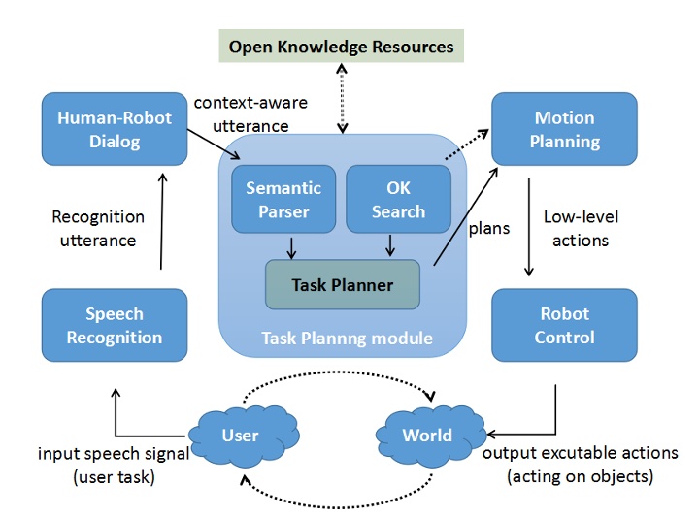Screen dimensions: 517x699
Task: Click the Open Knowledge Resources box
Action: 341,47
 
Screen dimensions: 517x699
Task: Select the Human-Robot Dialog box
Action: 114,129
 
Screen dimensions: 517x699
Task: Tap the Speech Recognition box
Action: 114,325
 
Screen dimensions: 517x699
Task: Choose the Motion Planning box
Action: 564,129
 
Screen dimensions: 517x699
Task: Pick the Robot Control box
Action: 564,325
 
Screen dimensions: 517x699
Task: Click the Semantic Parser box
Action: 276,198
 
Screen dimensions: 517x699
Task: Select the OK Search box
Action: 398,198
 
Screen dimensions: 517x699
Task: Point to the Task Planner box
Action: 342,285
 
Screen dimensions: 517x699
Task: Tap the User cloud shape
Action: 239,435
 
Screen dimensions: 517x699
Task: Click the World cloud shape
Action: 427,435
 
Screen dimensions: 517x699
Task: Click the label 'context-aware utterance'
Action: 241,113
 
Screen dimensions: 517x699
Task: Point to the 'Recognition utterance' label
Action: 97,227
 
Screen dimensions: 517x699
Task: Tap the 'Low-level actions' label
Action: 582,227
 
